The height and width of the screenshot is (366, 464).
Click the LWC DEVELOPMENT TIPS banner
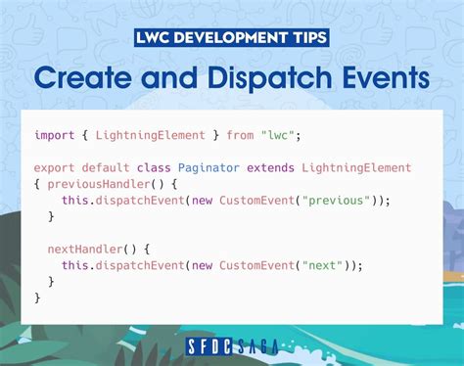point(232,39)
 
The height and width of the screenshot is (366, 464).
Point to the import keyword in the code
point(54,135)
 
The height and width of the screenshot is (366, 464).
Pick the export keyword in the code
point(54,168)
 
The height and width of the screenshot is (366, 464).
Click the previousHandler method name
point(94,184)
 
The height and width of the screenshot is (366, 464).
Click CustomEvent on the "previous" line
point(253,200)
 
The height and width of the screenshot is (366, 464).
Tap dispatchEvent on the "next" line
point(137,265)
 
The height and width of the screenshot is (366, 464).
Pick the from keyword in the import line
point(239,135)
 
